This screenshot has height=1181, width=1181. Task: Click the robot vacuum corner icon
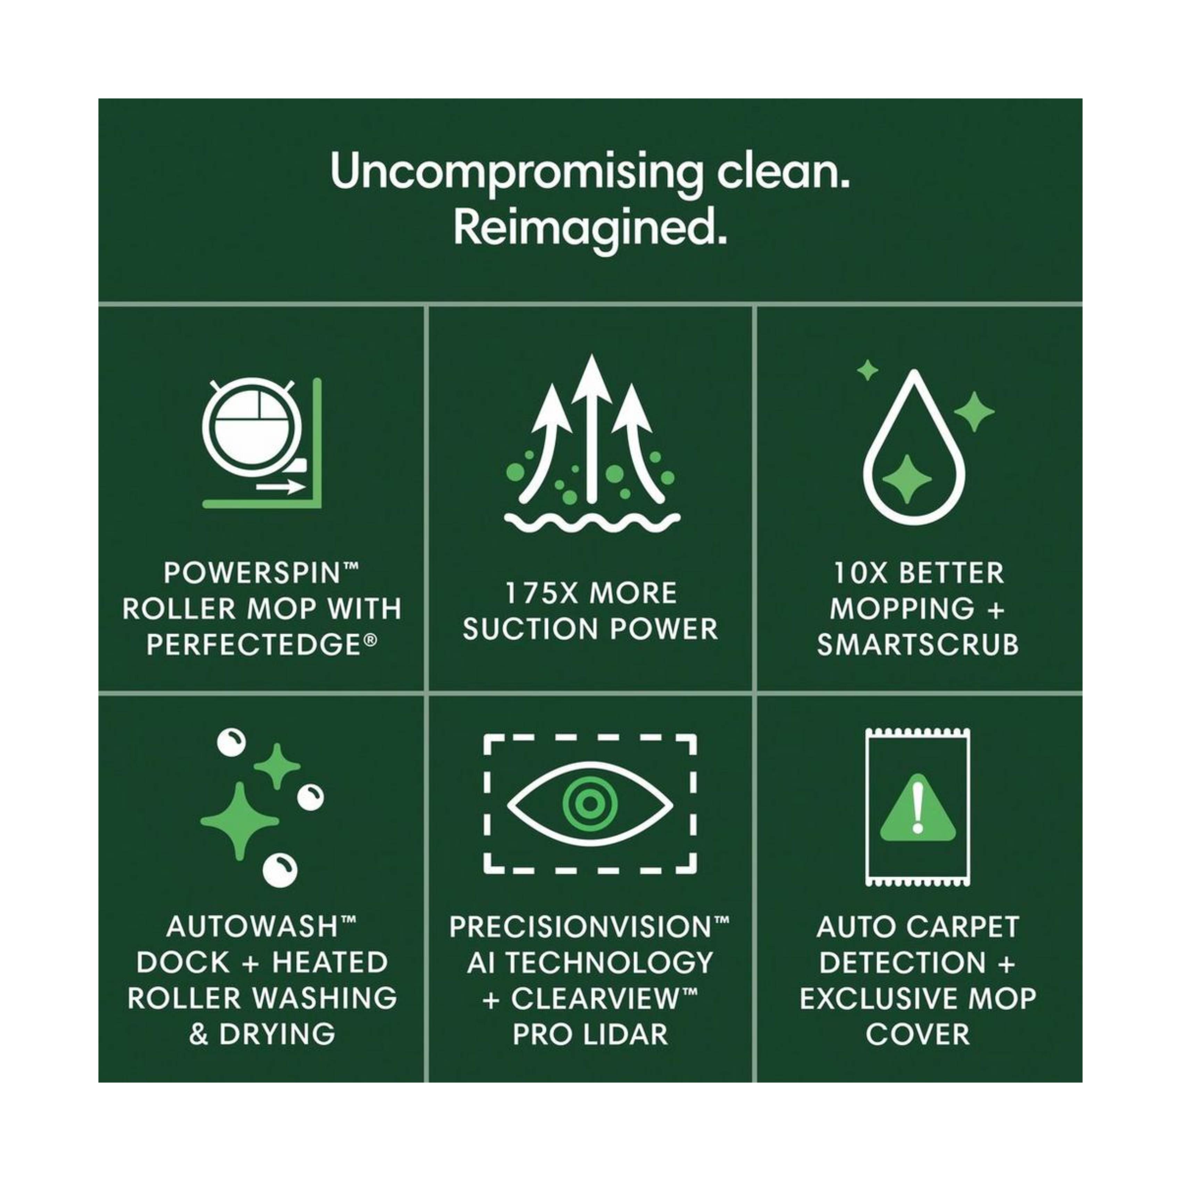(262, 443)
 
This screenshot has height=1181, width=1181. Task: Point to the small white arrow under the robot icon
(280, 487)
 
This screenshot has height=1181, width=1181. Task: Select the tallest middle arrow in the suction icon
(590, 428)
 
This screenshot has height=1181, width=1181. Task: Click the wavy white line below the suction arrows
(592, 523)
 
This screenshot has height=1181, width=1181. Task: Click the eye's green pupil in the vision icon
(589, 804)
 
